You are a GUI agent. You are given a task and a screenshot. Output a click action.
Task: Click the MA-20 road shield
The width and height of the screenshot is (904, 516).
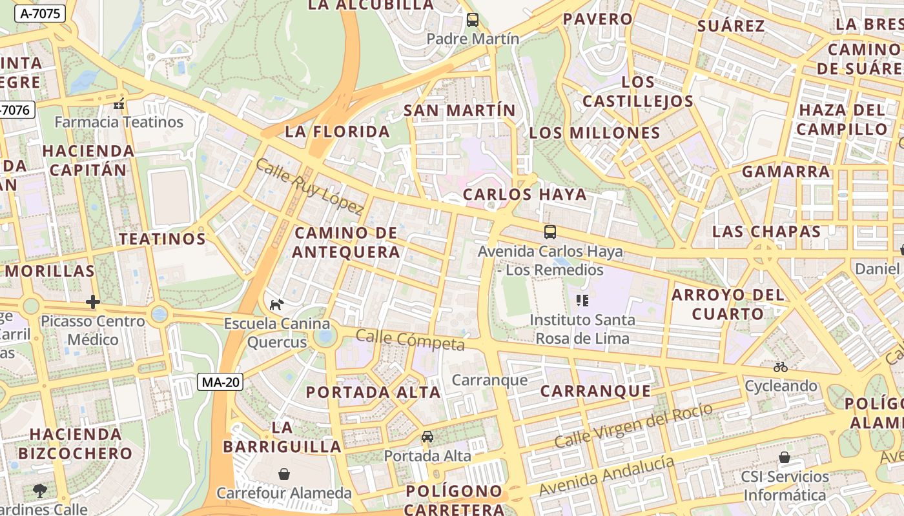click(220, 382)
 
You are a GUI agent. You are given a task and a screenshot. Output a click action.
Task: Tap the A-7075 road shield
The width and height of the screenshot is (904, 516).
click(39, 13)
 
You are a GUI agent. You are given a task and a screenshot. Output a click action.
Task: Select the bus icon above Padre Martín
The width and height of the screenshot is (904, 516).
click(473, 20)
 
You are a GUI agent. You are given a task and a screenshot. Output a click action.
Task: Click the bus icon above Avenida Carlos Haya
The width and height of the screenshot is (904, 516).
click(550, 232)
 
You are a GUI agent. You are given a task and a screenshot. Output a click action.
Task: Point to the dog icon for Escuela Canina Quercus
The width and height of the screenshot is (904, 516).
click(276, 304)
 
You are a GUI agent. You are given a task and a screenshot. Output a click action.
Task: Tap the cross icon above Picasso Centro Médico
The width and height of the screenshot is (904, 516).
click(93, 301)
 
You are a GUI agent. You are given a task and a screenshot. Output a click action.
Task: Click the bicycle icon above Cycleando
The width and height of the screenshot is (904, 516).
click(781, 367)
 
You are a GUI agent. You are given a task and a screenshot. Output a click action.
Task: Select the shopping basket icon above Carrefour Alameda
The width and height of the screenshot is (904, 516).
click(283, 474)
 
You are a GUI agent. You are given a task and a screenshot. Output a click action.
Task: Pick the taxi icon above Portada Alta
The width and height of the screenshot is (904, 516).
click(427, 437)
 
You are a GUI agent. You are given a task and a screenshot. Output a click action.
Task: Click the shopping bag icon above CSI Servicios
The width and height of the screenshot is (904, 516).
click(785, 457)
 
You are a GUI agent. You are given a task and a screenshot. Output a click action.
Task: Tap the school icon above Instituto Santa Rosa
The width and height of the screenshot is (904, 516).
click(582, 300)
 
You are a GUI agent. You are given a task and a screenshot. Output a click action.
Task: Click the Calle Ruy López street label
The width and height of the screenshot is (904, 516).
click(310, 186)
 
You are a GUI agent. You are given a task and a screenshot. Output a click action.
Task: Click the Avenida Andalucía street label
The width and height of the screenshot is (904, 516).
click(607, 476)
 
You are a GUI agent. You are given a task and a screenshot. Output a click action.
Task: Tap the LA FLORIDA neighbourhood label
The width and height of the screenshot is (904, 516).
click(338, 132)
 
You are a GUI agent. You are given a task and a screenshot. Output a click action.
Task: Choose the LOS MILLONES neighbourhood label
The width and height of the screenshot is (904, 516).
click(595, 133)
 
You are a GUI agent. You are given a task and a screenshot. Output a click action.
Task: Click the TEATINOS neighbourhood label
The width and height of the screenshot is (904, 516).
click(162, 239)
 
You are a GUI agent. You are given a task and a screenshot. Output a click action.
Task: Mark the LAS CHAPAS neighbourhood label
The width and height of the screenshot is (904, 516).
click(766, 232)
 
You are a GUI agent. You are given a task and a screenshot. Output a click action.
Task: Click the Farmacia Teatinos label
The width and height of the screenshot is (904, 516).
click(119, 122)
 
